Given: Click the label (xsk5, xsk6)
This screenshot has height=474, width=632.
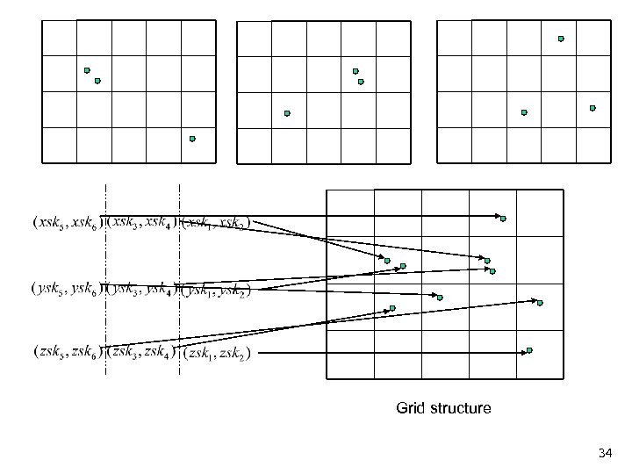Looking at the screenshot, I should tap(67, 222).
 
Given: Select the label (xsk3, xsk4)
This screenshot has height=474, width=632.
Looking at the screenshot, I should tap(141, 222).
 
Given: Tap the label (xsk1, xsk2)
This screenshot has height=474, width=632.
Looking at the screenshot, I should tap(214, 222).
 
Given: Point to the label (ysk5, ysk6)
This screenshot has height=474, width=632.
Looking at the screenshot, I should tap(67, 288).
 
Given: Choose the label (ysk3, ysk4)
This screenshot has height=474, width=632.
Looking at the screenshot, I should tap(141, 288).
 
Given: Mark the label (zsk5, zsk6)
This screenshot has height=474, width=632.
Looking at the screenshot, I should tap(67, 353).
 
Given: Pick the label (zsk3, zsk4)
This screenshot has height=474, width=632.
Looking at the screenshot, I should tap(141, 353).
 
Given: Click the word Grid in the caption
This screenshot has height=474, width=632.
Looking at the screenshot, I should tap(410, 408).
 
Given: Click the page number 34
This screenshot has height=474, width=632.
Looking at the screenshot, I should tap(604, 454).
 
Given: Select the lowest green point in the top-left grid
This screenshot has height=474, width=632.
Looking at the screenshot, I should tap(192, 139).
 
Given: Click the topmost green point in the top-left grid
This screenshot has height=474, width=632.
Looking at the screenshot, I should tap(87, 70).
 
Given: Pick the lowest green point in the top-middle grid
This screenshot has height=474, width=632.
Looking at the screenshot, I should tap(287, 113).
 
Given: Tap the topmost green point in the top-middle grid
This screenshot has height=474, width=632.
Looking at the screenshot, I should tap(355, 71).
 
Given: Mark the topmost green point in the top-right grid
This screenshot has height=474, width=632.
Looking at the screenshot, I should tap(561, 39).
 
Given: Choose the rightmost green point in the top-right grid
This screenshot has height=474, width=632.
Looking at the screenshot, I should tap(592, 108).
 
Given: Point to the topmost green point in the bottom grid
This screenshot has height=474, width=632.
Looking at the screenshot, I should tap(503, 219).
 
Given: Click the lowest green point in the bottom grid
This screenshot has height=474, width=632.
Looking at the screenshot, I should tap(529, 350).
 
